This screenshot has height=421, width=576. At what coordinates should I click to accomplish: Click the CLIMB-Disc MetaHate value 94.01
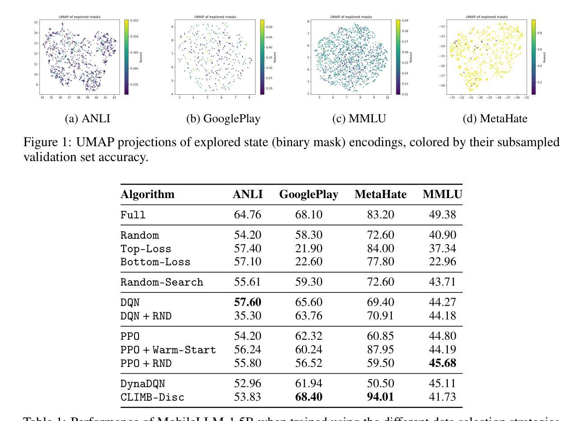click(381, 397)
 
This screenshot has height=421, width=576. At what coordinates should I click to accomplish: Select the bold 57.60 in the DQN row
click(247, 302)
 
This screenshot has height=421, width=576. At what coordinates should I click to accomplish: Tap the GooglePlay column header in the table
click(309, 194)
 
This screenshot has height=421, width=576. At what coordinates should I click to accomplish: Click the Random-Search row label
click(162, 282)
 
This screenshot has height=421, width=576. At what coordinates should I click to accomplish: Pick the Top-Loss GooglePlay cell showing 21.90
click(309, 248)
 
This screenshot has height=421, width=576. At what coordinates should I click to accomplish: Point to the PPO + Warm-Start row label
click(168, 350)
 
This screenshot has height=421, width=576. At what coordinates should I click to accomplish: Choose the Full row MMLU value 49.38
click(442, 215)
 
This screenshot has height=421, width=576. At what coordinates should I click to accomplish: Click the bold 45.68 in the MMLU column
click(442, 363)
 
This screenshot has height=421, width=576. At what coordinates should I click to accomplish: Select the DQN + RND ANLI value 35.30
click(247, 316)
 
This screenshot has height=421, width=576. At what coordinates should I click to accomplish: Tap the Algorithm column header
click(147, 194)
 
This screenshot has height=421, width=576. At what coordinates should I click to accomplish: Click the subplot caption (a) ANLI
click(88, 119)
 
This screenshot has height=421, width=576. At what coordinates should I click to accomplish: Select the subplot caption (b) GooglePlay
click(223, 119)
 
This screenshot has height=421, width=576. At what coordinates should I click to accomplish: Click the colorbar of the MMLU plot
click(398, 57)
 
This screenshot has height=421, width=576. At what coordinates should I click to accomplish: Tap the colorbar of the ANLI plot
click(127, 57)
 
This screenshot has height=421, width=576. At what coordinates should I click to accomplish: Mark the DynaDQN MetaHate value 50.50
click(381, 384)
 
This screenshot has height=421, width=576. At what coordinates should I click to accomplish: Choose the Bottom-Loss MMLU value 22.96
click(442, 262)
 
